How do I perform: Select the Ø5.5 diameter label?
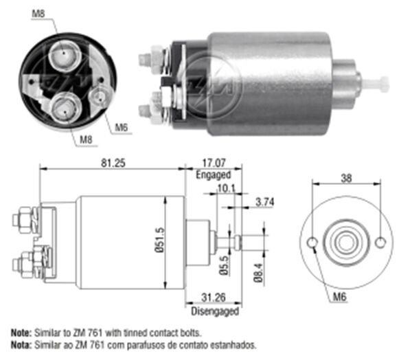224,265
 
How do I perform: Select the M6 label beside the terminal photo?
121,126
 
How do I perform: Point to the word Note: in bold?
21,332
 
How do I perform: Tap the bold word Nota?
21,344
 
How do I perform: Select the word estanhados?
234,344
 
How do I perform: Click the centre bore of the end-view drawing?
347,243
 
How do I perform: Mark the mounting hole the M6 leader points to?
312,243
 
